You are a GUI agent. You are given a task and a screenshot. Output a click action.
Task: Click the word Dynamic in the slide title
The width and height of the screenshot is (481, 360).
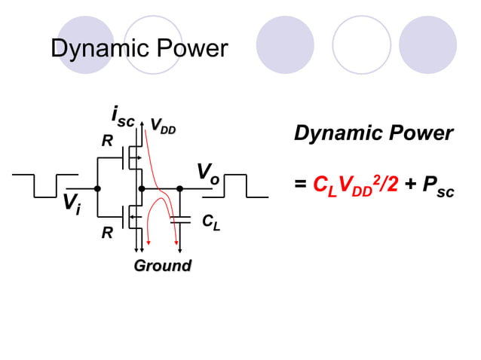click(x=95, y=49)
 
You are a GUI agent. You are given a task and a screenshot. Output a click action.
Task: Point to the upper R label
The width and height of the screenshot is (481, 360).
click(x=107, y=141)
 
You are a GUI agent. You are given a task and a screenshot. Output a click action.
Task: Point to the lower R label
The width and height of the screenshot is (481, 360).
click(x=107, y=233)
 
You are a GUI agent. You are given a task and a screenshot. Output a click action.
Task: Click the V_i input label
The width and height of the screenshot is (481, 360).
click(x=73, y=203)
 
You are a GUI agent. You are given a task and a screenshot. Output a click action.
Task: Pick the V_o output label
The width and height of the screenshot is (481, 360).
click(x=208, y=173)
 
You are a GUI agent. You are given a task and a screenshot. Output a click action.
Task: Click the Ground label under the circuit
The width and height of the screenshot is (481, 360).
click(x=162, y=265)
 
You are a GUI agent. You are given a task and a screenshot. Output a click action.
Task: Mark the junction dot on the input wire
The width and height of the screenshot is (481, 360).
click(x=97, y=188)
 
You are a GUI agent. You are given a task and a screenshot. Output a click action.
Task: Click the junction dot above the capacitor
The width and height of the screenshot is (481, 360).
click(x=180, y=188)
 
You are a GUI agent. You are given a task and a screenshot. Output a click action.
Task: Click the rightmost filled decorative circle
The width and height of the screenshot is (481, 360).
click(x=427, y=44)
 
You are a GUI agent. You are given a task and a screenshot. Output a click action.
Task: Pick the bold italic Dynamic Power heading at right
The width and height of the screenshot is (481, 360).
click(x=373, y=134)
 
